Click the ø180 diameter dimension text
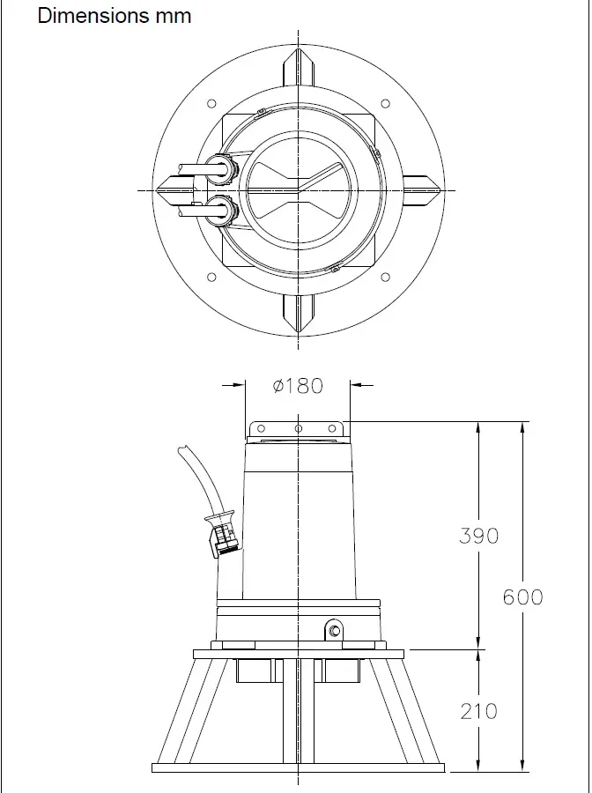tap(298, 386)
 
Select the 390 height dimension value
tap(478, 536)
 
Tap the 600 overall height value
tap(523, 597)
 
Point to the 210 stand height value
tap(478, 711)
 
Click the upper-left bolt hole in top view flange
tap(211, 104)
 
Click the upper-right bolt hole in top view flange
tap(385, 104)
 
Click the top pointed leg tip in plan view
tap(300, 56)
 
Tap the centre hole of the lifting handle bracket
tap(299, 429)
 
